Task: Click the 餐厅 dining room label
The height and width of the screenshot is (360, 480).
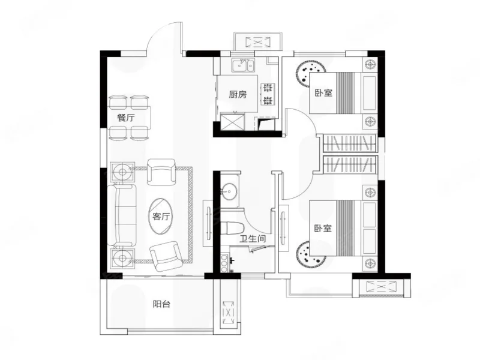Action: [x=126, y=118]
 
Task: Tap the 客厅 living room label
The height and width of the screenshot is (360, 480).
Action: [x=161, y=217]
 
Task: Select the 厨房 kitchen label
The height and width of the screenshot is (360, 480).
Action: [x=238, y=94]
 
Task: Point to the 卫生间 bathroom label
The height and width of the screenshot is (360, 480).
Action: [x=253, y=238]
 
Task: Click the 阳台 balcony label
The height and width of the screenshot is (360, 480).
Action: [x=161, y=304]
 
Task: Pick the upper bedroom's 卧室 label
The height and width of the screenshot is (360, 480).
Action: [x=323, y=93]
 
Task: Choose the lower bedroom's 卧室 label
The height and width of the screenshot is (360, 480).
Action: [x=323, y=228]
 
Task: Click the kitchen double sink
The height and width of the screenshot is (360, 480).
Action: [x=243, y=65]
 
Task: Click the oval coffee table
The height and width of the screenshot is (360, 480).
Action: [x=161, y=217]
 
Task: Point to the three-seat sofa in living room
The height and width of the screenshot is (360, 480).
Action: [x=122, y=215]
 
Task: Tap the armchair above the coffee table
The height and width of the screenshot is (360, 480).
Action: [x=161, y=172]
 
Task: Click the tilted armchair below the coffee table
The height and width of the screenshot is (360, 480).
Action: [x=165, y=256]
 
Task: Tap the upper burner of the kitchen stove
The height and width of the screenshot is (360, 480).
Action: [x=268, y=88]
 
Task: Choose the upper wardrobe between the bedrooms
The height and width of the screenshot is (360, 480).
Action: [x=349, y=143]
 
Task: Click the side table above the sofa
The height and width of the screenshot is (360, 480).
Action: [x=122, y=172]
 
